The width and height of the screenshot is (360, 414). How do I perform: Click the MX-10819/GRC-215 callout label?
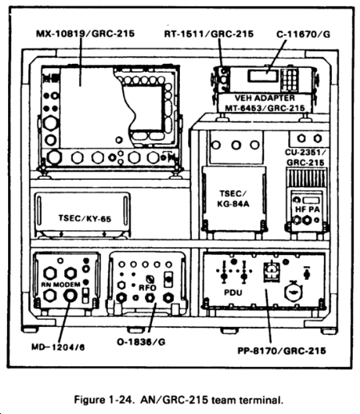pyautogui.click(x=86, y=34)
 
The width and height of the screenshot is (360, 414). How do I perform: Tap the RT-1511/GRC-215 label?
pyautogui.click(x=209, y=34)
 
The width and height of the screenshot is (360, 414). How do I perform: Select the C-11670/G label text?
pyautogui.click(x=303, y=34)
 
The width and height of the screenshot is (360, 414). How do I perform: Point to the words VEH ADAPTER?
pyautogui.click(x=265, y=98)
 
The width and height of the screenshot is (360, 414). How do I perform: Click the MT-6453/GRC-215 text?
pyautogui.click(x=265, y=108)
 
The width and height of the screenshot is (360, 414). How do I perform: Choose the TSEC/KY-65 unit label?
pyautogui.click(x=85, y=218)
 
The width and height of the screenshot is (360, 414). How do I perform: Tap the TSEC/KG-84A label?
pyautogui.click(x=233, y=199)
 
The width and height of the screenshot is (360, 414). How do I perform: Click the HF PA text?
pyautogui.click(x=307, y=209)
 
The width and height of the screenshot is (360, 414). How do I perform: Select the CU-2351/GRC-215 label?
pyautogui.click(x=306, y=157)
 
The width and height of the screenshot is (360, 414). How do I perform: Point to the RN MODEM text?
pyautogui.click(x=61, y=285)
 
